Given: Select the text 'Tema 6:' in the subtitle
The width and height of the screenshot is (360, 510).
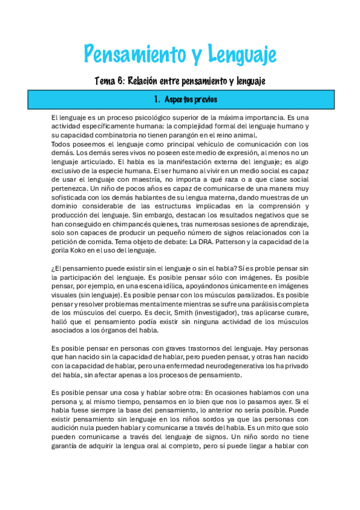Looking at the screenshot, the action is (x=109, y=80).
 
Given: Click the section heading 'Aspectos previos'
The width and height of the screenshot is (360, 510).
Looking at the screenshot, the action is (x=189, y=99).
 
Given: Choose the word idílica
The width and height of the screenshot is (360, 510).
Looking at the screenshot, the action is (x=163, y=286).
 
